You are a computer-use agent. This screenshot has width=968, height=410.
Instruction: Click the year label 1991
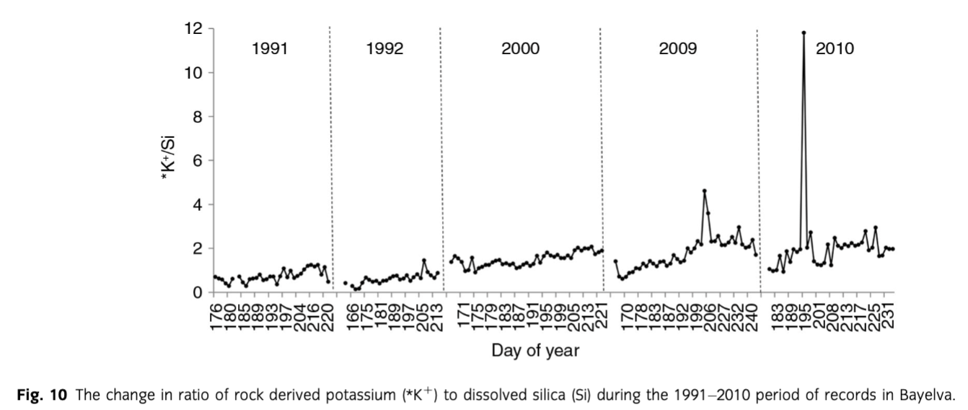[x=270, y=50]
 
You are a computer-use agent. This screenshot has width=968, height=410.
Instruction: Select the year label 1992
[x=384, y=50]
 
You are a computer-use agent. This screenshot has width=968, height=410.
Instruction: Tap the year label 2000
[x=520, y=50]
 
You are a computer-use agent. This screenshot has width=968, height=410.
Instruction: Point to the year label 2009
[x=677, y=50]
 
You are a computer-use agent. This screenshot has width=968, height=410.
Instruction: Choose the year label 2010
[x=835, y=50]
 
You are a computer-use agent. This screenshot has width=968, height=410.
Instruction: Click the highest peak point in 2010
[x=804, y=32]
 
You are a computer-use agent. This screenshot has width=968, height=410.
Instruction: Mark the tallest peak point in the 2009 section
[x=704, y=191]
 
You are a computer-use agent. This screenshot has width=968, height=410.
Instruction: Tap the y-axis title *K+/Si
[x=172, y=160]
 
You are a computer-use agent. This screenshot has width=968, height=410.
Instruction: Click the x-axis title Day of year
[x=534, y=352]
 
